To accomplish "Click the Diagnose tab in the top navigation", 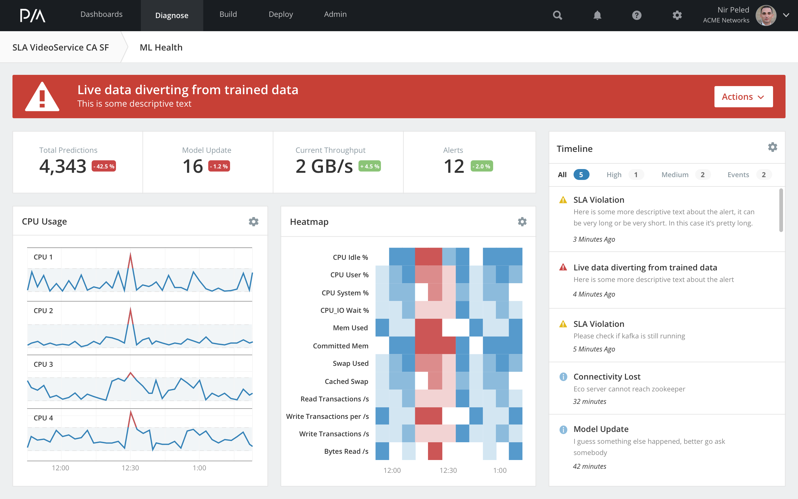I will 172,16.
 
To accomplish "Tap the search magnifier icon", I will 557,15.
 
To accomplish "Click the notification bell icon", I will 597,15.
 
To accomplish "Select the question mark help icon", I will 637,15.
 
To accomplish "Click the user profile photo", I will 766,15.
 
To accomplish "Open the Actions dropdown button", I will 743,97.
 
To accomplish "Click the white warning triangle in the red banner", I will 42,97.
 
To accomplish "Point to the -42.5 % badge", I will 103,166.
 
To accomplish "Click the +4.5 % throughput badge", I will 369,166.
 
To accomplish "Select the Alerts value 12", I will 454,166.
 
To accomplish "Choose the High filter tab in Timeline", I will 614,175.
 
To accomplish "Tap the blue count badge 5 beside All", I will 581,175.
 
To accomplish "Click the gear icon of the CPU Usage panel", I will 253,221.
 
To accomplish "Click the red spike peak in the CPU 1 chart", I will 130,254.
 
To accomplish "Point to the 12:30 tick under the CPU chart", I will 130,468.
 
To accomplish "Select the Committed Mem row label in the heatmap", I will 340,346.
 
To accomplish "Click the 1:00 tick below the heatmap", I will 500,470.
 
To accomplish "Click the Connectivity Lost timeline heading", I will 607,376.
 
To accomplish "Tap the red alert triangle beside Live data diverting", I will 563,267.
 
